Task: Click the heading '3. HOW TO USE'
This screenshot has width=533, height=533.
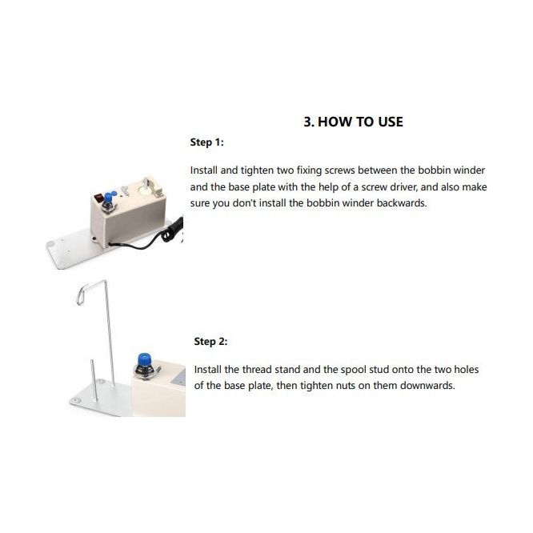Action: point(353,122)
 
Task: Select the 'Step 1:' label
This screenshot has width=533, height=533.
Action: point(207,142)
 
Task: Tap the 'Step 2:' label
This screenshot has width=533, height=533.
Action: point(210,341)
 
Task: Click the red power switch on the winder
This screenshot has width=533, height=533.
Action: point(99,197)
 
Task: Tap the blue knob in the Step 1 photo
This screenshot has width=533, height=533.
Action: point(110,197)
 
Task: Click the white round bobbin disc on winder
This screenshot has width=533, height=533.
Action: point(145,191)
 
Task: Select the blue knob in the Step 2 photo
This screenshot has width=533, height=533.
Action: point(144,360)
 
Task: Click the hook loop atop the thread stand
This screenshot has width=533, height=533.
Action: point(82,294)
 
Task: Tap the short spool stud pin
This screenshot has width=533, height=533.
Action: point(94,381)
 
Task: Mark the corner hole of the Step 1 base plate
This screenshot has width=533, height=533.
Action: point(51,244)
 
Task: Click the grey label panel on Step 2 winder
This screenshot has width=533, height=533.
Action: point(178,378)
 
